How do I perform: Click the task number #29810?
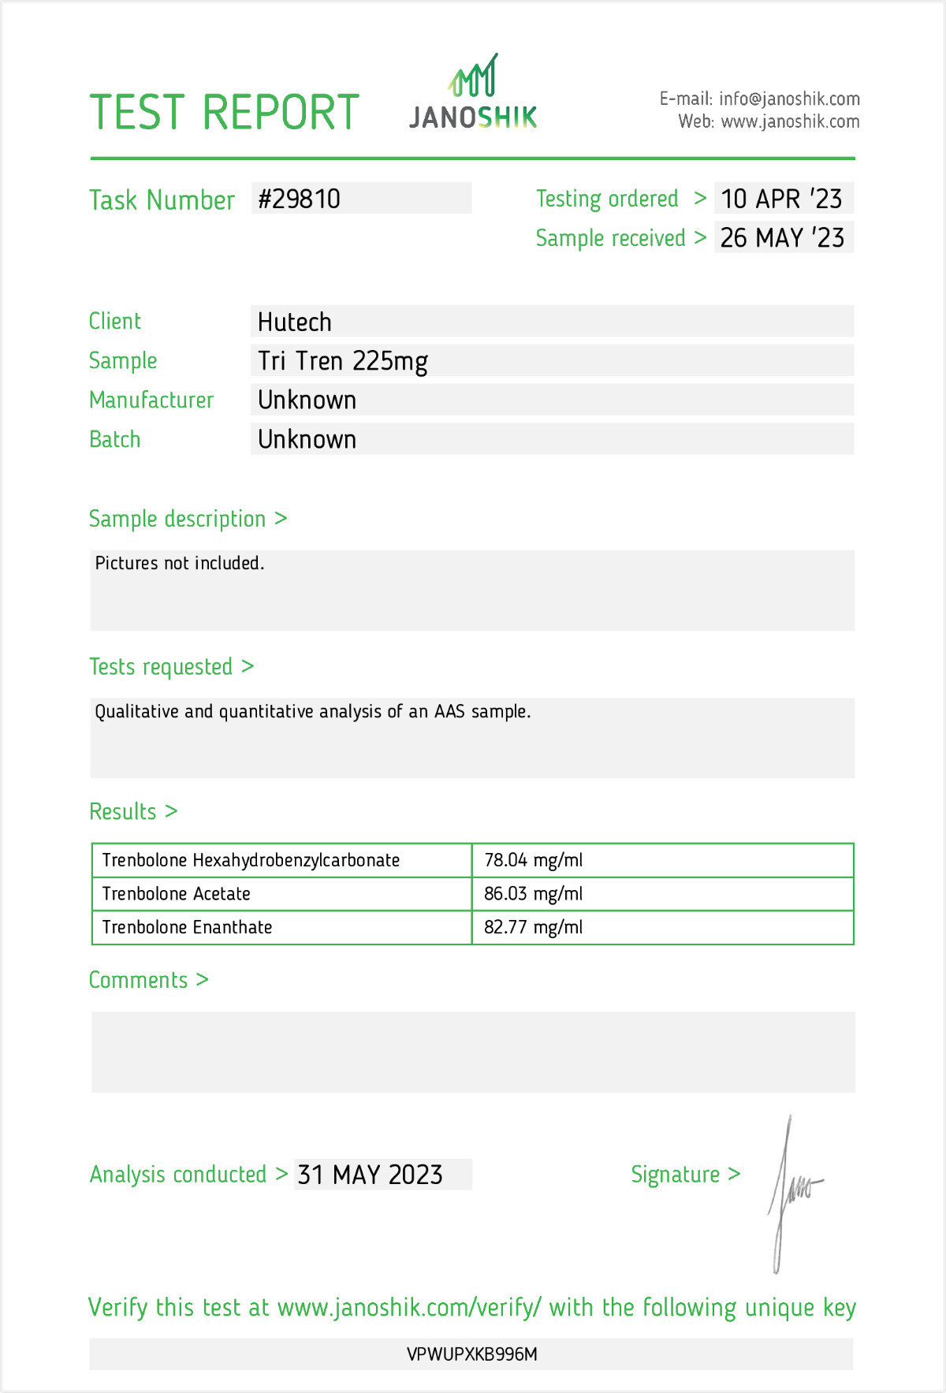click(300, 199)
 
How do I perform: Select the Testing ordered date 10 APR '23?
click(781, 199)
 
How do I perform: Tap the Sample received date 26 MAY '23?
click(782, 238)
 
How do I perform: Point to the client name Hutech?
click(295, 322)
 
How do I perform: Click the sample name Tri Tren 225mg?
click(343, 361)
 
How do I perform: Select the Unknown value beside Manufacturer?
click(307, 400)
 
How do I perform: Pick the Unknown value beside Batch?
click(307, 440)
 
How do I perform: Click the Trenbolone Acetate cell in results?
click(177, 894)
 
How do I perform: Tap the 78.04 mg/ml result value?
click(534, 860)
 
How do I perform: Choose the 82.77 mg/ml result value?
click(534, 928)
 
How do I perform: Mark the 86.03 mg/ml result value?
click(534, 894)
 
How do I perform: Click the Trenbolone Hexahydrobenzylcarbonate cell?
click(251, 860)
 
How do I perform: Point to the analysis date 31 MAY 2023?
click(371, 1175)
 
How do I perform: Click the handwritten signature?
click(792, 1190)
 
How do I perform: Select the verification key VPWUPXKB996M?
click(472, 1354)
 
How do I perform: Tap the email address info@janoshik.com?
click(789, 99)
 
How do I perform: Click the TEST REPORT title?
click(225, 113)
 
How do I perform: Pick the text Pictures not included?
click(180, 563)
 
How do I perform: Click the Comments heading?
click(139, 980)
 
